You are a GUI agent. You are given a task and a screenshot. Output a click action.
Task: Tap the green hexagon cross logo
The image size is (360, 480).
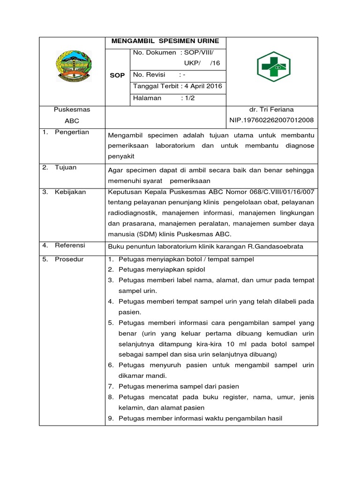(x=273, y=67)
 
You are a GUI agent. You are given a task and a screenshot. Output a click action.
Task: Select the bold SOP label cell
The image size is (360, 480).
(x=117, y=75)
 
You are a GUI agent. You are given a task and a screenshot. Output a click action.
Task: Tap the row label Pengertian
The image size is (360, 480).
(x=72, y=132)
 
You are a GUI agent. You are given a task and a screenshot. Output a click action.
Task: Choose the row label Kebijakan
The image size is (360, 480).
(x=70, y=192)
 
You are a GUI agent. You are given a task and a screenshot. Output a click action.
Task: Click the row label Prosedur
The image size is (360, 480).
(x=69, y=259)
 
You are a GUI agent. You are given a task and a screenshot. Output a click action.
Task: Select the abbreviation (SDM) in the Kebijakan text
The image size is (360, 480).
(x=147, y=234)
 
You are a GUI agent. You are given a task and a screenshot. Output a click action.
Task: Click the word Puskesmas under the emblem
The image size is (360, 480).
(x=72, y=109)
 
